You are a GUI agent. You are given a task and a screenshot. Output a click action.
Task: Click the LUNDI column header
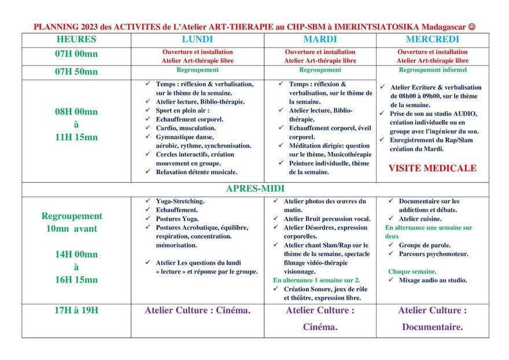[x=197, y=40]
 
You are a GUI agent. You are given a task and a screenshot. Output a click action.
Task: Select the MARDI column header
[x=320, y=40]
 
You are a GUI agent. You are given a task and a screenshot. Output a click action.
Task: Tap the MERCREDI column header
[x=432, y=40]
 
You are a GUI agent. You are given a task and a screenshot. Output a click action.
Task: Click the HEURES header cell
[x=76, y=40]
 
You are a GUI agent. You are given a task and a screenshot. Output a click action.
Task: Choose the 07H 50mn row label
[x=76, y=72]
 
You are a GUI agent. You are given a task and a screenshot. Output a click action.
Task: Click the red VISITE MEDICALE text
[x=432, y=168]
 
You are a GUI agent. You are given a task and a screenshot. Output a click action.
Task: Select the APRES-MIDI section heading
[x=255, y=189]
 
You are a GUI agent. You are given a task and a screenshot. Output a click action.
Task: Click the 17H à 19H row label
[x=76, y=310]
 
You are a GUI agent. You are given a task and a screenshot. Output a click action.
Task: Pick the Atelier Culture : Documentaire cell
[x=432, y=319]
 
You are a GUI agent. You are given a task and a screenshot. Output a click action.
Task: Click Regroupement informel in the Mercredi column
[x=433, y=70]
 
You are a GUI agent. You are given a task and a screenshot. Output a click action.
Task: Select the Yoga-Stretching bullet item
[x=180, y=201]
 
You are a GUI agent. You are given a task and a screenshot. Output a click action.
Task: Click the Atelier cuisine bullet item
[x=420, y=219]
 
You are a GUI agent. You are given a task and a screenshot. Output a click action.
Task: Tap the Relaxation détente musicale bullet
[x=196, y=172]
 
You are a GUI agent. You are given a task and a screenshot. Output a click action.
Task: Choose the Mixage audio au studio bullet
[x=433, y=280]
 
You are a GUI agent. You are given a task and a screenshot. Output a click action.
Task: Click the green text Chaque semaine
[x=412, y=271]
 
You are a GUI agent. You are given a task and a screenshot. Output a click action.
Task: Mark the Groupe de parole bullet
[x=425, y=245]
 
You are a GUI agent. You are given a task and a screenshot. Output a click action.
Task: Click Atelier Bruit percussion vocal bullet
[x=327, y=219]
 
